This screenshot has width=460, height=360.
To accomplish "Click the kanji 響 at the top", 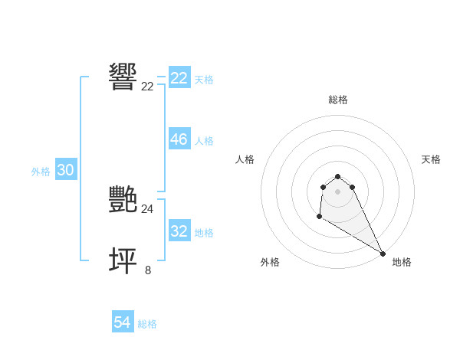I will (123, 77).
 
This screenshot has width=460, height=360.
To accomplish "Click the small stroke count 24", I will (147, 208).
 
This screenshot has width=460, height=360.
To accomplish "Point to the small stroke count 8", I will (147, 270).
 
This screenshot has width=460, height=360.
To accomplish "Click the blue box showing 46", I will (179, 139).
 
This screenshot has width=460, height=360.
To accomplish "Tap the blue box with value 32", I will (179, 231).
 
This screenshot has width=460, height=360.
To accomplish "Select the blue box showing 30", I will (65, 171).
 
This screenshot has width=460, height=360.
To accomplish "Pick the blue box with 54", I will (122, 323).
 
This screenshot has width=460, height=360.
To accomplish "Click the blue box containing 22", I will (179, 78).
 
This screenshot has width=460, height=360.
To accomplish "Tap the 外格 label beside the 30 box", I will (41, 172).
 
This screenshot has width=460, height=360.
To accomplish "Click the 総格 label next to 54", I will (147, 324).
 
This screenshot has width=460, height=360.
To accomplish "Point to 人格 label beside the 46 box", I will (204, 141).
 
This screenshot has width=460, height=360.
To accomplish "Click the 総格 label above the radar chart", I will (337, 100).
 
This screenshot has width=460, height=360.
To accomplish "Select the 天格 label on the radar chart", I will (431, 159).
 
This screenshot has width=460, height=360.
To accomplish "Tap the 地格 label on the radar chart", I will (402, 262).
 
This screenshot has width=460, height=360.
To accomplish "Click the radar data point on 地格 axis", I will (383, 254).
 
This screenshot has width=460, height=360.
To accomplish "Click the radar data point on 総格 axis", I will (337, 172).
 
